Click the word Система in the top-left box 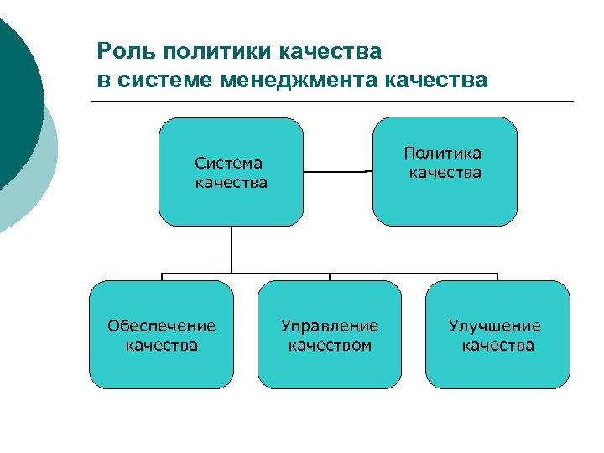228,163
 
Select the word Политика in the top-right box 443,154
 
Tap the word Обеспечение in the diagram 161,325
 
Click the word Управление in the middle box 330,325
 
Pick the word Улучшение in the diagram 495,325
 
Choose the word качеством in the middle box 330,345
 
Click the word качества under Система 231,182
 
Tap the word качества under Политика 445,173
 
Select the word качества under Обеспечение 161,345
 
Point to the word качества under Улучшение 497,345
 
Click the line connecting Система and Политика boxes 336,172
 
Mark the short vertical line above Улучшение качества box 497,277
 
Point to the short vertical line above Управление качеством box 330,277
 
